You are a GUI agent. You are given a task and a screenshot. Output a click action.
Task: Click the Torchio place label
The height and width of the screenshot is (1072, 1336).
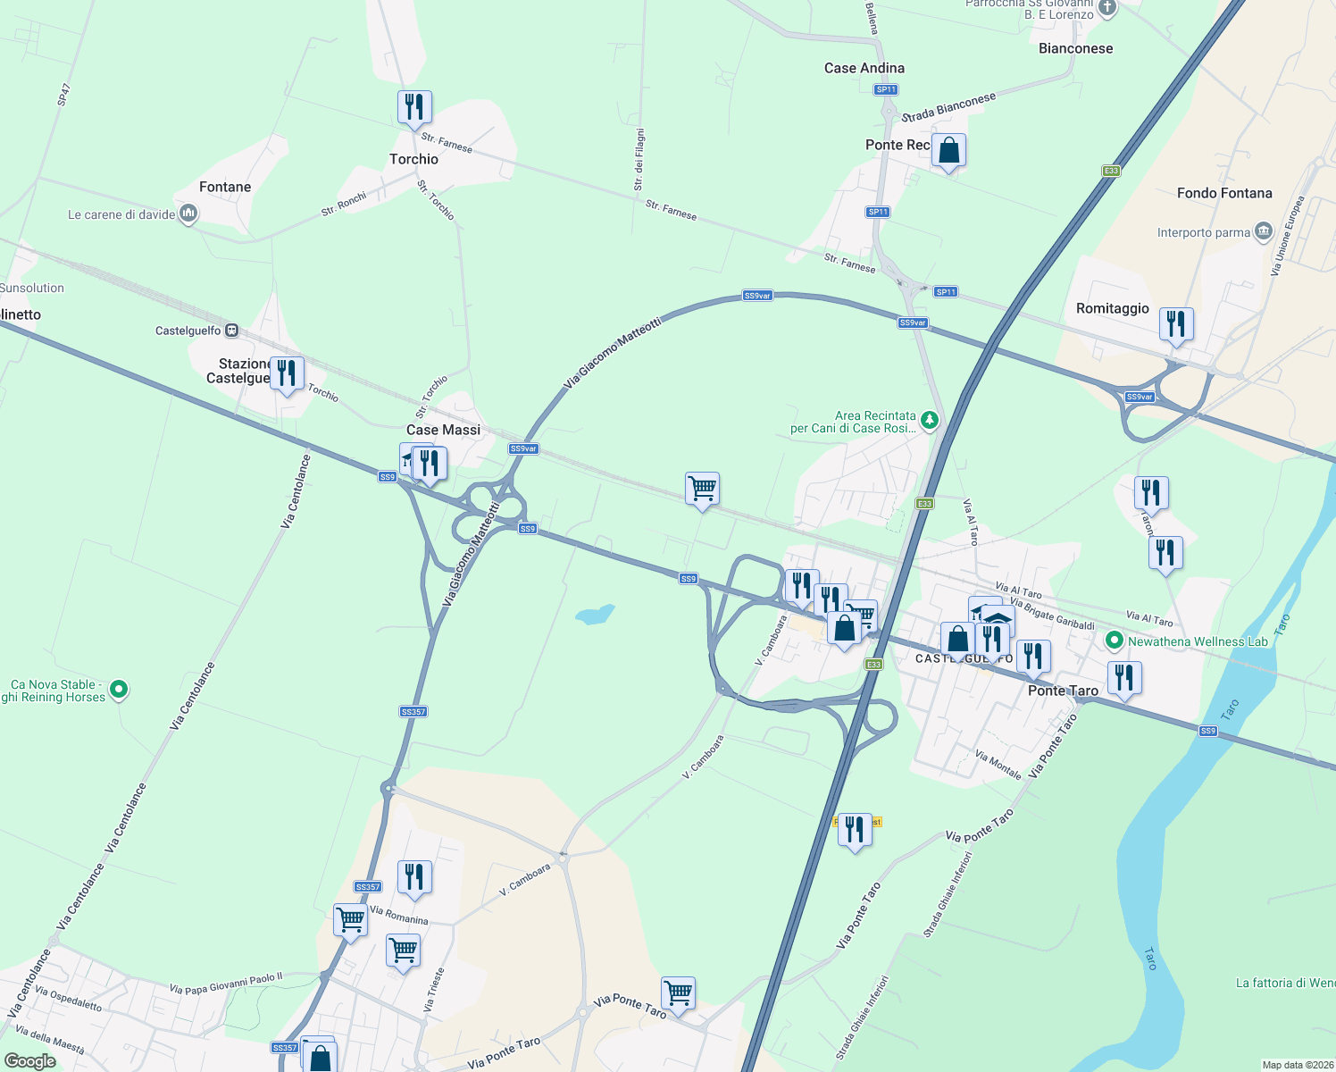pos(413,159)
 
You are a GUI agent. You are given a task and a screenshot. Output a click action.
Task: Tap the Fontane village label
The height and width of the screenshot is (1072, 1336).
pos(225,187)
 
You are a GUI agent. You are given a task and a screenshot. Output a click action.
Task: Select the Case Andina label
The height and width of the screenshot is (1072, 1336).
pos(864,68)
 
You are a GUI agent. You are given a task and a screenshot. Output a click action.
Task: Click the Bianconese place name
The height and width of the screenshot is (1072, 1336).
pos(1075,48)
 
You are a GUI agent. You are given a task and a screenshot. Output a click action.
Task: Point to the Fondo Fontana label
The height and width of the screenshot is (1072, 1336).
pos(1223,193)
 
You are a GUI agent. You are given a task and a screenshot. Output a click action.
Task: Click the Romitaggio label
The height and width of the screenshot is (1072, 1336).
pos(1112,308)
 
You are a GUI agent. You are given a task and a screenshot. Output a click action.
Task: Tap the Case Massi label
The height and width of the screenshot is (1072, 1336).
pos(443,430)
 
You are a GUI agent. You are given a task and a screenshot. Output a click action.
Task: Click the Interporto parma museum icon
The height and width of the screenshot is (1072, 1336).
pos(1263,232)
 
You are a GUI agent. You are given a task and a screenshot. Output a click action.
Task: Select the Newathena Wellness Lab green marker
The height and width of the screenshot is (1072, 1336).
pos(1114,641)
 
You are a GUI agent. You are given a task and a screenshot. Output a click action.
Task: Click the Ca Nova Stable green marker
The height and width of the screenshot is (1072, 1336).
pos(119,690)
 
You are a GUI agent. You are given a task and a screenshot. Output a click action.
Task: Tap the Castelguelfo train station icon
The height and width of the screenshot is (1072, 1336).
pos(231,331)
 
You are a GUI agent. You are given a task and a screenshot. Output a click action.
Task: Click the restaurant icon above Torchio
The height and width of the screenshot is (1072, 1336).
pos(414,108)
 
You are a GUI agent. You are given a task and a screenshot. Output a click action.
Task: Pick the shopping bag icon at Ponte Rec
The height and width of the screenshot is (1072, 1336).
pos(948,151)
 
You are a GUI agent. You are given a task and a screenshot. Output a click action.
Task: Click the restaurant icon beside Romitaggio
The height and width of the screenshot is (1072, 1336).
pos(1176,324)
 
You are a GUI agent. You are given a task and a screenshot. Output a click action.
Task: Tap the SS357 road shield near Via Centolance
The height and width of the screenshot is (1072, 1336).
pos(413,712)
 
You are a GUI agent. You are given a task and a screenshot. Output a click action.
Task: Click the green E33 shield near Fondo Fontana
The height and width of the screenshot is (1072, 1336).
pos(1110,171)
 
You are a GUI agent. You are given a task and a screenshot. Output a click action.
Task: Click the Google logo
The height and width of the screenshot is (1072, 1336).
pos(30,1061)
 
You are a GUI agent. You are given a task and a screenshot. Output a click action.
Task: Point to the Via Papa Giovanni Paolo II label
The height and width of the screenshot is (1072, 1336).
pos(226,984)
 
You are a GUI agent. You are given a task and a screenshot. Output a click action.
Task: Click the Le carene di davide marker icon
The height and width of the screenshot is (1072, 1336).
pos(188,214)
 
